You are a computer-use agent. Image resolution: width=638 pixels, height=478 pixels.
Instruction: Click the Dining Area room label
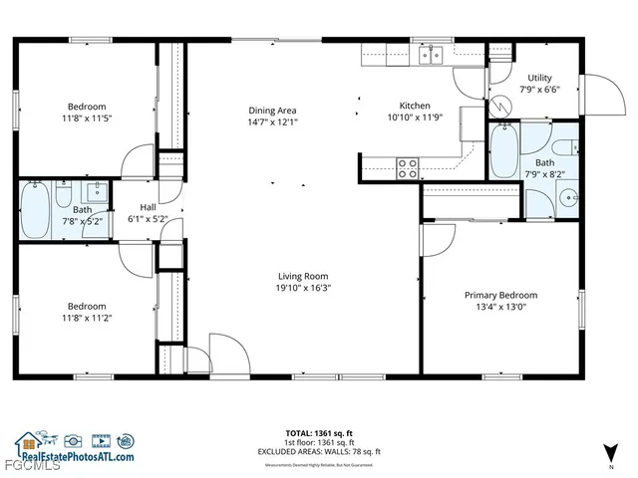coord(272,111)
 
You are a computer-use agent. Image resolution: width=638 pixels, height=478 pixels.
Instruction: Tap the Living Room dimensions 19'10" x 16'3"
coord(302,288)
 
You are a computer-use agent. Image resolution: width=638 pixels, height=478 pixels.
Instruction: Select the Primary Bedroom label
coord(500,295)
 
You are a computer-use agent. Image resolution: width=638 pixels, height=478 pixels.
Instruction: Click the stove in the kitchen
coord(408,168)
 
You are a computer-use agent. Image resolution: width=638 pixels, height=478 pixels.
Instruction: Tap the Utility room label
coord(539,77)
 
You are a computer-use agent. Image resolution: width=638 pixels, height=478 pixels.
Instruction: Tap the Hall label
coord(148,207)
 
